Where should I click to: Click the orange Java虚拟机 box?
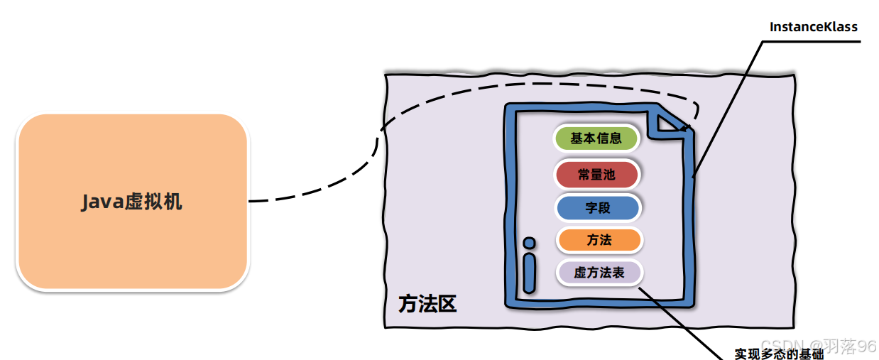pos(132,202)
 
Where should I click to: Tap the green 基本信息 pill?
pos(596,138)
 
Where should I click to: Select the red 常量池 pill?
pos(596,175)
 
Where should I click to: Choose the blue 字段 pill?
pos(598,208)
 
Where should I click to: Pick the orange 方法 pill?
pos(599,240)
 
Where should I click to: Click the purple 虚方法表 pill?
pos(599,273)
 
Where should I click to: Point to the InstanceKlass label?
pos(814,27)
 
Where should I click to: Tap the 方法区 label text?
pos(427,304)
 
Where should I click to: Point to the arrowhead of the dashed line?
pos(684,129)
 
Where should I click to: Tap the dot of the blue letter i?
pos(528,243)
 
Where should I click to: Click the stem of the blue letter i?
pos(528,273)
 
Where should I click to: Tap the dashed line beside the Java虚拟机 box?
pos(284,199)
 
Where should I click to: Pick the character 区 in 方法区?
pos(447,304)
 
